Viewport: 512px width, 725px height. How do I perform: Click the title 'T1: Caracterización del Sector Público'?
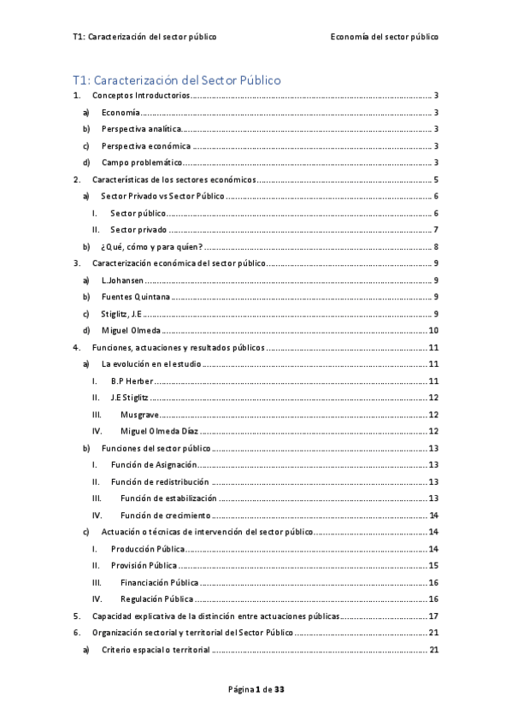point(177,80)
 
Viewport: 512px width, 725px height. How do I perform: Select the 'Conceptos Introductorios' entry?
point(140,97)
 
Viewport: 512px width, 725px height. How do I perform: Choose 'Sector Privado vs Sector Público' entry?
point(162,196)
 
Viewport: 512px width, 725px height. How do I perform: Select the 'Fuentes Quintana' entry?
point(135,297)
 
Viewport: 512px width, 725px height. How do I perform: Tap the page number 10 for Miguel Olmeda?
point(433,330)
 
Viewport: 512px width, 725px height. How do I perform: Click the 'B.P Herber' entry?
point(132,380)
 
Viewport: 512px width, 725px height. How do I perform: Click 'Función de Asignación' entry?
point(154,464)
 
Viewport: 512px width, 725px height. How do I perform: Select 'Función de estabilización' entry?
point(168,498)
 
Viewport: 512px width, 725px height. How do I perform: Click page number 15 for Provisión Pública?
point(433,565)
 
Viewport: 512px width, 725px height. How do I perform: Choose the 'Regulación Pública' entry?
point(156,598)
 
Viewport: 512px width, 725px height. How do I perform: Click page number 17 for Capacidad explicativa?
point(433,616)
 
